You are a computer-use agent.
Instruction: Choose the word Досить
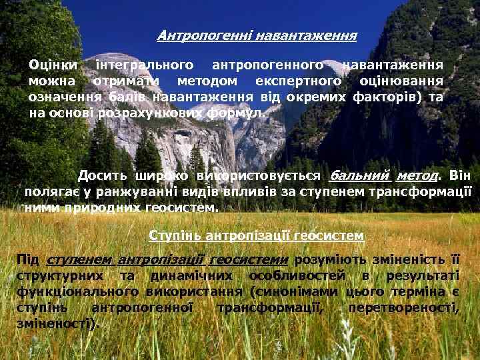tap(101, 176)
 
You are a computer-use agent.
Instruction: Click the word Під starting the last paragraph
tap(28, 260)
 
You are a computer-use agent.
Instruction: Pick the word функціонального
tap(75, 292)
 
